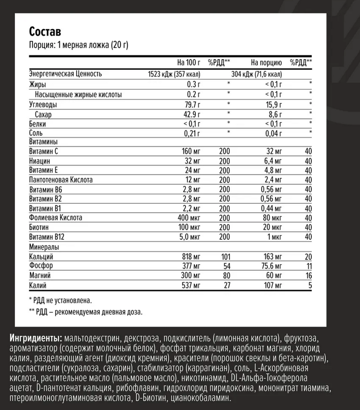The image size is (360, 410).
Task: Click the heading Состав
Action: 45,32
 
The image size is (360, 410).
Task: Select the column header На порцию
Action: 266,63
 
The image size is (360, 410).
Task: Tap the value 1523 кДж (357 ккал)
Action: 174,74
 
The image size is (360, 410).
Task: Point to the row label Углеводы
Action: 43,105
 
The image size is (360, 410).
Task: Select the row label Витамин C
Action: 44,151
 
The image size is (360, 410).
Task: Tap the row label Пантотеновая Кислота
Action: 61,180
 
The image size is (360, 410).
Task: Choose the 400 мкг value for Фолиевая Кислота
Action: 189,217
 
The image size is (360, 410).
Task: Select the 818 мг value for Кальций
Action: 192,256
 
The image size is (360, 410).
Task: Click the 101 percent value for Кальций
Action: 225,256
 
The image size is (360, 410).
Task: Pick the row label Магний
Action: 40,275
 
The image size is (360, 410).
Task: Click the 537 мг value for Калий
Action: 192,284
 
